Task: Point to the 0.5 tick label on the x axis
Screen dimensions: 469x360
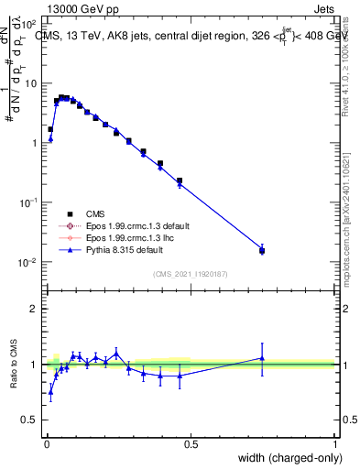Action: click(x=190, y=443)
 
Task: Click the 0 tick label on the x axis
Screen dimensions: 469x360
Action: click(x=46, y=443)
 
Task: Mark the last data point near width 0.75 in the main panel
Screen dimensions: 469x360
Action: click(x=262, y=249)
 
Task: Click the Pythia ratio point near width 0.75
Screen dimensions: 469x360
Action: click(x=262, y=358)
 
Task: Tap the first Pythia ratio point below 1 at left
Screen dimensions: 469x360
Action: click(x=50, y=391)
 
